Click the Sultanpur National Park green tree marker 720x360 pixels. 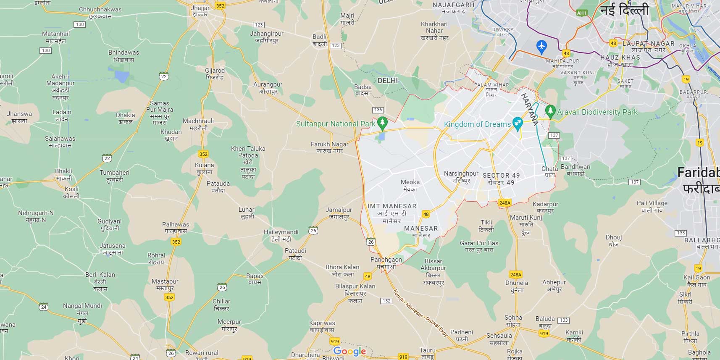coord(382,123)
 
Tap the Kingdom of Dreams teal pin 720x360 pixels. coord(518,124)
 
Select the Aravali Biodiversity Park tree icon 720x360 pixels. coord(550,111)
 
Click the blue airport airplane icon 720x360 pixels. coord(541,46)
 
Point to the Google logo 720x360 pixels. coord(349,351)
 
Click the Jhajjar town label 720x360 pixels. coord(200,11)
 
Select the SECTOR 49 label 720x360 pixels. coord(501,179)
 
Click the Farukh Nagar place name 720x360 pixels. coord(329,147)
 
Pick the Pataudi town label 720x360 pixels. coord(295,254)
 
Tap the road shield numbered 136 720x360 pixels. coord(378,110)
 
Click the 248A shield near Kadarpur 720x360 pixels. coord(505,203)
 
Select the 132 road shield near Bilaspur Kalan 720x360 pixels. coord(386,301)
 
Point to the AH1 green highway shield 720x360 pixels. coord(581,13)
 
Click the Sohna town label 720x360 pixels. coord(513,321)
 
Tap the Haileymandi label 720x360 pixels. coord(281,235)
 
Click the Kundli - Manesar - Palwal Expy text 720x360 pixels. coord(420,313)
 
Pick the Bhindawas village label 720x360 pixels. coord(124,56)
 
